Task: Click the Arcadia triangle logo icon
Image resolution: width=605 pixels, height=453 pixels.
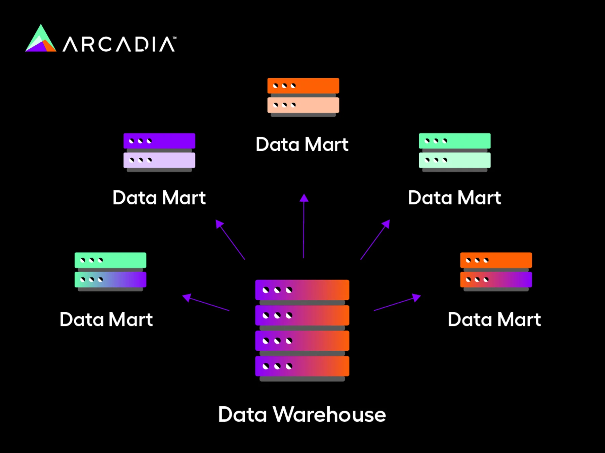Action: pyautogui.click(x=41, y=40)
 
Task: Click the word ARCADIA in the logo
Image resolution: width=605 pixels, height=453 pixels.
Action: pyautogui.click(x=119, y=44)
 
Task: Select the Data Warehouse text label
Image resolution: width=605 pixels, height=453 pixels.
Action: pyautogui.click(x=302, y=414)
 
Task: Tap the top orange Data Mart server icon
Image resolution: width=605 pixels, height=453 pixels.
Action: pyautogui.click(x=303, y=97)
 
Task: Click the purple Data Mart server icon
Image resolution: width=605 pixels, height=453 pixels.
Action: pyautogui.click(x=159, y=152)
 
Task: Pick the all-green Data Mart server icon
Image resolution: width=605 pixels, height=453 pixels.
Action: pyautogui.click(x=454, y=152)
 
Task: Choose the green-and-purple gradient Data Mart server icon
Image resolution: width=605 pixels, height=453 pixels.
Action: pyautogui.click(x=110, y=271)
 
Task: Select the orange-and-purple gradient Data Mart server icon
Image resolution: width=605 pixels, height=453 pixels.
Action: pyautogui.click(x=496, y=271)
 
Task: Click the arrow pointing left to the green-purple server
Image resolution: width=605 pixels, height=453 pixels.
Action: pyautogui.click(x=206, y=303)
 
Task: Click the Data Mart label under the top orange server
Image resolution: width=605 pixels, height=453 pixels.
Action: pyautogui.click(x=302, y=145)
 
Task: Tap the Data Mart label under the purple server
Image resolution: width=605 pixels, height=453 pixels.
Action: pyautogui.click(x=159, y=198)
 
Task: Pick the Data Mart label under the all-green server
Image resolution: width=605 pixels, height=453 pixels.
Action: pyautogui.click(x=454, y=198)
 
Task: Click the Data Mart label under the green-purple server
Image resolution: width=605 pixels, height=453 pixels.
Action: pyautogui.click(x=106, y=319)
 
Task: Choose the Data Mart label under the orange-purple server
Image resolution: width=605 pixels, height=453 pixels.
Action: pyautogui.click(x=494, y=319)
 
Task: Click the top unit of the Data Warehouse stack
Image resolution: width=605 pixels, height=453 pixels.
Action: pyautogui.click(x=302, y=290)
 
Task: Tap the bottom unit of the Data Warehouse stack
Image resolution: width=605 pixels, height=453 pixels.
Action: pyautogui.click(x=302, y=366)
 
